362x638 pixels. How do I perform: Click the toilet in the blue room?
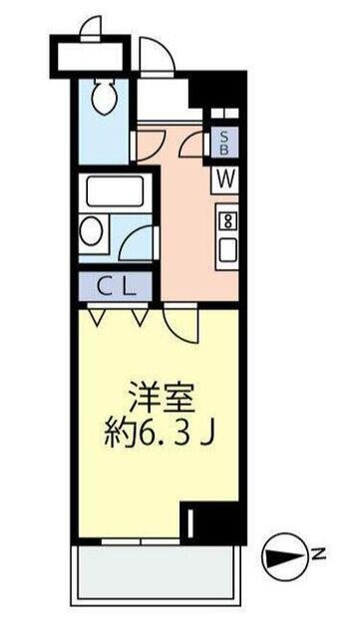point(102,95)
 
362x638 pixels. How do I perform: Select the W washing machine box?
point(224,179)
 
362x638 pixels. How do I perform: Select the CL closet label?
point(115,285)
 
